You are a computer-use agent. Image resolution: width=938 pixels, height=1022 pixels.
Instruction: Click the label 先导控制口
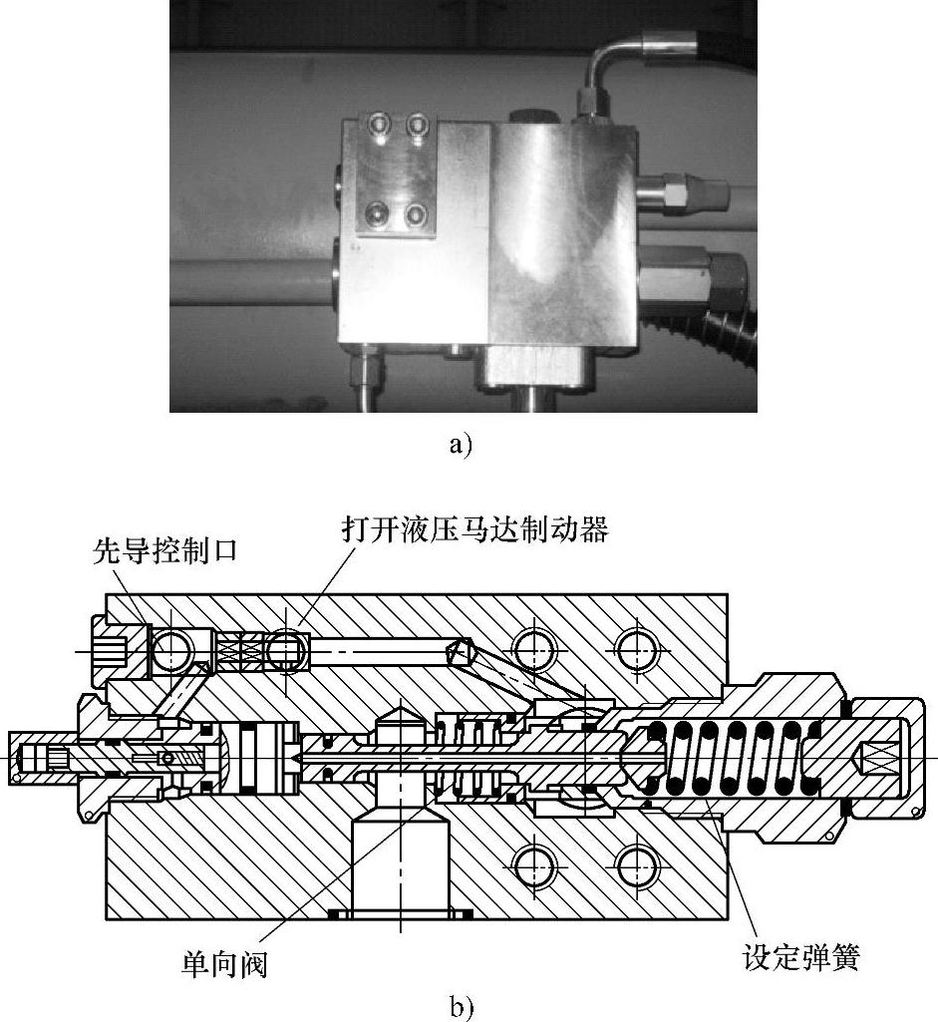164,550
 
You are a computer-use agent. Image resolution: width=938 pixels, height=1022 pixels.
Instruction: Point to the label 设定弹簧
801,958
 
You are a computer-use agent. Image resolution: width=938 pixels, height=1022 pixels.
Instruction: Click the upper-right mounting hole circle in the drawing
638,650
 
